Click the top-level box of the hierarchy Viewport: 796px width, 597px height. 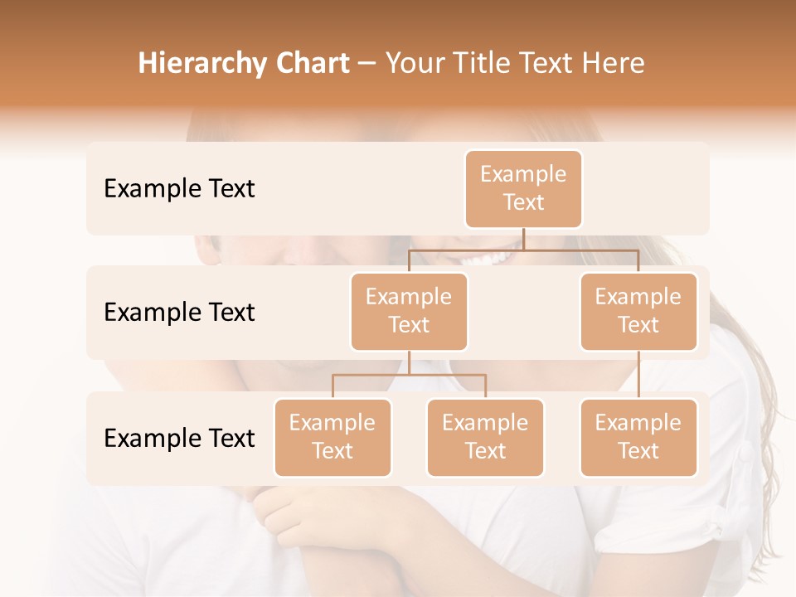click(523, 189)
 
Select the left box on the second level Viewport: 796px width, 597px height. click(409, 312)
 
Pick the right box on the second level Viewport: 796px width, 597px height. click(638, 312)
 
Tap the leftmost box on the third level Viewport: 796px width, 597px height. click(332, 438)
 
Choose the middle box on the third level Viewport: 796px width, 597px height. click(485, 438)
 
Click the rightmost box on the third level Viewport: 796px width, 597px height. click(638, 438)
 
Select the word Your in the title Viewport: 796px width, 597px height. click(414, 63)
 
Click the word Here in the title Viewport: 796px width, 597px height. click(614, 63)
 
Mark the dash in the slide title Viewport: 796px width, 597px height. click(367, 64)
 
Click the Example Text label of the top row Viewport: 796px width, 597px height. click(179, 189)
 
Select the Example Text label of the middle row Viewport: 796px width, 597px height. click(179, 313)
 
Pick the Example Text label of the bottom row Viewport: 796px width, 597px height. click(179, 439)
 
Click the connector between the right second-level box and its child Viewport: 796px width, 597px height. click(638, 375)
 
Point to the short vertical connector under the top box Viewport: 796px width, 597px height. click(523, 239)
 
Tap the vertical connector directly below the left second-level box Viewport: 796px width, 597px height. click(409, 362)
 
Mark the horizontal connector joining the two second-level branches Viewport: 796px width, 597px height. click(523, 250)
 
